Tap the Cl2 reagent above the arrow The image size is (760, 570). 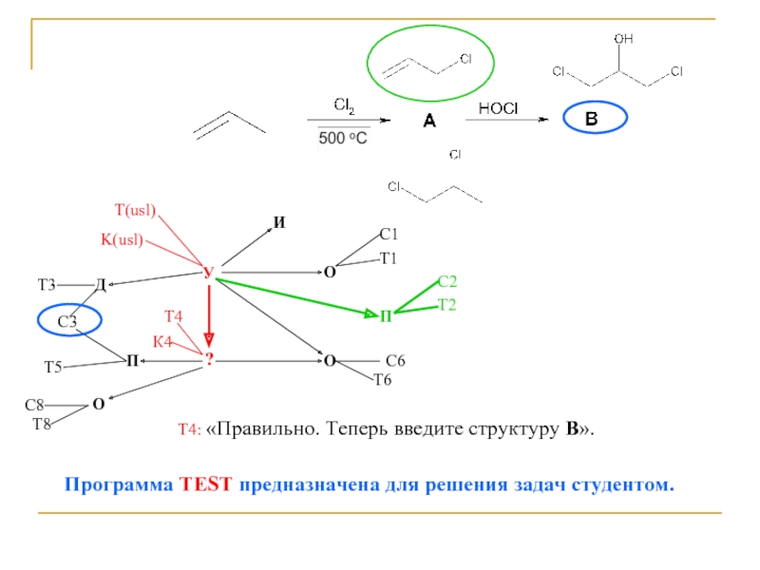click(x=343, y=104)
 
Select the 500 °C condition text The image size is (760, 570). click(x=342, y=138)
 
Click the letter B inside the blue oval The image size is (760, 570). click(x=593, y=120)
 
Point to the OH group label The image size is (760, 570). click(x=623, y=39)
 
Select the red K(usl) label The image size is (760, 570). click(x=122, y=239)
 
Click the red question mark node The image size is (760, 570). click(x=210, y=358)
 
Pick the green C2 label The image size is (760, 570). click(x=447, y=281)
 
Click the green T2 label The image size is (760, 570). click(x=447, y=304)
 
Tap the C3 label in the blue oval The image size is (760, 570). click(x=67, y=322)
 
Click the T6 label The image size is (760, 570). click(x=382, y=380)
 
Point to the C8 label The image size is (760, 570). click(x=34, y=406)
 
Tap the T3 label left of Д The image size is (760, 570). click(x=47, y=284)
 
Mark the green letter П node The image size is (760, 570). click(x=386, y=315)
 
